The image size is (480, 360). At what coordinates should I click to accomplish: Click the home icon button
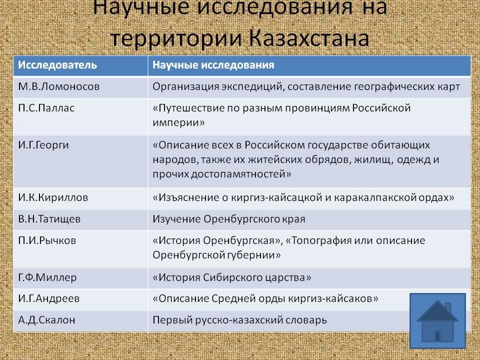[438, 320]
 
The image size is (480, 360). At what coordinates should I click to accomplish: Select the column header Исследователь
[57, 65]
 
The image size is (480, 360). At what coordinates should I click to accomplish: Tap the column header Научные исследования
[213, 65]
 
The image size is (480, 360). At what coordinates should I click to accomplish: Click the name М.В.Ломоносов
[59, 86]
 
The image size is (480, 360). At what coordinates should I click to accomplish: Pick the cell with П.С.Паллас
[46, 108]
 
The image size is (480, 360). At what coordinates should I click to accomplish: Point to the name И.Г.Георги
[43, 145]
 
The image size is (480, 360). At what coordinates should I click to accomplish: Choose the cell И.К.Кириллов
[53, 197]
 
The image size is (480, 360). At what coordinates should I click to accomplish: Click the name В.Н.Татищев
[49, 219]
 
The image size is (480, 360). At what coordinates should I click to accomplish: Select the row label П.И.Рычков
[47, 240]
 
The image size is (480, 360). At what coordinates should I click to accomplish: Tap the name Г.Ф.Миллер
[47, 277]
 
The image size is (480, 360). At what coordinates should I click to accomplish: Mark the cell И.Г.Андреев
[49, 298]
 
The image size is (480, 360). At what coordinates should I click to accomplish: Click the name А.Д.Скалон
[46, 320]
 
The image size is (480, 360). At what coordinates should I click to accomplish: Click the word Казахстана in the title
[309, 38]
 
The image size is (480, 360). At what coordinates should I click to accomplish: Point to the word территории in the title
[176, 39]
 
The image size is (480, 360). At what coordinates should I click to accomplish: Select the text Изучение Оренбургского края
[229, 219]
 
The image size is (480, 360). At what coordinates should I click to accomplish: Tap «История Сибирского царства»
[231, 277]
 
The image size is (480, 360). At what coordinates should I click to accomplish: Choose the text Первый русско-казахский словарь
[239, 320]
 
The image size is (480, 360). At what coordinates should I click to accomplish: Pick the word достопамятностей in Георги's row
[241, 174]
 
